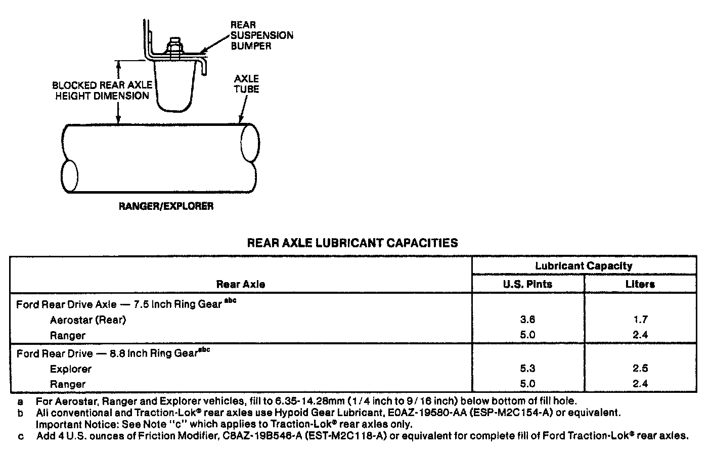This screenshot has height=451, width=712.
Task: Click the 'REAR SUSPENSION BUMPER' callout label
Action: [x=261, y=35]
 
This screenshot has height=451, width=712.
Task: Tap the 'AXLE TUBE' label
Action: [x=247, y=84]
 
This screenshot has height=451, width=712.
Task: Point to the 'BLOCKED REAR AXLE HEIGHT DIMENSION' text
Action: [x=102, y=91]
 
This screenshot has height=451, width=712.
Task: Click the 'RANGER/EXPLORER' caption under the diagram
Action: [x=166, y=206]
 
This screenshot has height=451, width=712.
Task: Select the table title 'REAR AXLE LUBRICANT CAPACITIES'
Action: [x=352, y=243]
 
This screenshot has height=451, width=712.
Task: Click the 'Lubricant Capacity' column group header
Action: [x=584, y=265]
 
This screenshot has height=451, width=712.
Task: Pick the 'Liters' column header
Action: [x=640, y=284]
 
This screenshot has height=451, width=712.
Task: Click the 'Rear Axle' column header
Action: [x=240, y=284]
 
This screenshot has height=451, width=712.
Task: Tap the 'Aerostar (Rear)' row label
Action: [x=87, y=320]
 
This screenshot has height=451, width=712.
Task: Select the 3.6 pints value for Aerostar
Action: [x=527, y=320]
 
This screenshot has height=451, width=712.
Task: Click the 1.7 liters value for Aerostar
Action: [x=640, y=320]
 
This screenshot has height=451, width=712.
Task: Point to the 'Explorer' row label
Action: [x=71, y=369]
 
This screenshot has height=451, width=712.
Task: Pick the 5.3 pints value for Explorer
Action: [x=527, y=369]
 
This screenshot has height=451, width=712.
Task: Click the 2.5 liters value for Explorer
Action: [x=640, y=369]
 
